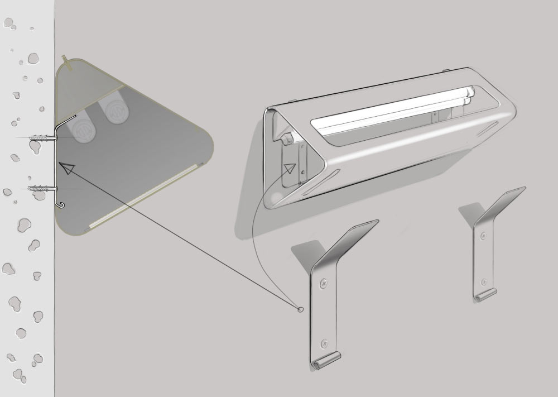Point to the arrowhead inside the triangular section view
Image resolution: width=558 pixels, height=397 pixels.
66,168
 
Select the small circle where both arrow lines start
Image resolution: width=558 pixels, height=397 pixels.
301,308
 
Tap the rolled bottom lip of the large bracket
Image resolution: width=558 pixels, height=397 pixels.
325,360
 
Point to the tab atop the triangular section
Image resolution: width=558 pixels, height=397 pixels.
66,60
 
